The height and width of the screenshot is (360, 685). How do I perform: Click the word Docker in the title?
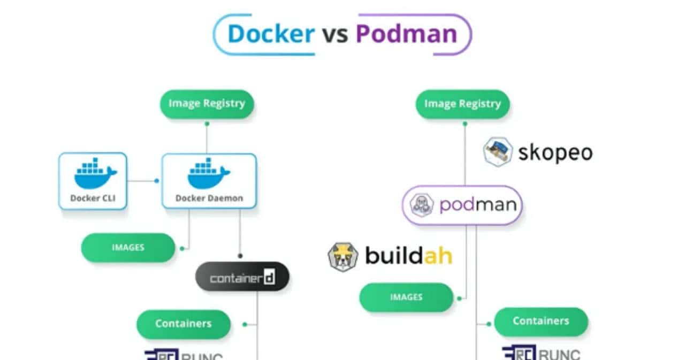point(271,34)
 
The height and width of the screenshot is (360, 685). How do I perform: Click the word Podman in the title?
point(406,34)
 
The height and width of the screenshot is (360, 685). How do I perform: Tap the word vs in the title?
point(335,34)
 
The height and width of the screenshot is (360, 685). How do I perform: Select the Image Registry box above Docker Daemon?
point(207,104)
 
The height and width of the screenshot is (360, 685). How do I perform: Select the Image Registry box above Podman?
point(462,104)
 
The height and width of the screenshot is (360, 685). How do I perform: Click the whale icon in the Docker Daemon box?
point(209,174)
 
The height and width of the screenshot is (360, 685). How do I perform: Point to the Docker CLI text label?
point(93,198)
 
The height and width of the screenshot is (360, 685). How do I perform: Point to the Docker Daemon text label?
point(209,198)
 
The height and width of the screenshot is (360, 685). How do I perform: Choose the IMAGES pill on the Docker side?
point(128,248)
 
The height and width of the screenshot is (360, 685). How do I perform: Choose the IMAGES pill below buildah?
point(406,297)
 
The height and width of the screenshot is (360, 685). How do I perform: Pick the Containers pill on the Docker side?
point(183,324)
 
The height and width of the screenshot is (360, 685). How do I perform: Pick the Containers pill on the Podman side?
point(541,321)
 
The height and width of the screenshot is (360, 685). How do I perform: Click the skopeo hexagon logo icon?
point(498,152)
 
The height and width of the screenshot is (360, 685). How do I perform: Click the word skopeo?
point(555,153)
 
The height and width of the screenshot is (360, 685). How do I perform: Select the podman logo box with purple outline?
point(462,205)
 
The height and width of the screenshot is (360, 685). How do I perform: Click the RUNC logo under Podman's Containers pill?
point(541,353)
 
